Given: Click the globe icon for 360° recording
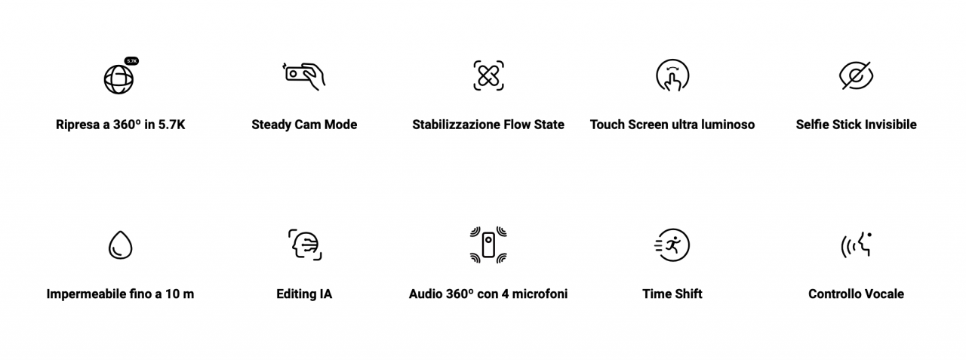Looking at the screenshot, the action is [x=118, y=79].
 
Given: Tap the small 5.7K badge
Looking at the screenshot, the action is [x=131, y=61].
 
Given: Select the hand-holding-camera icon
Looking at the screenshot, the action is [x=303, y=76].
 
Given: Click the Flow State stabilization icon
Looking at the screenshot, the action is [x=488, y=75].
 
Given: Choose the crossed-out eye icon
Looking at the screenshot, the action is [x=856, y=75].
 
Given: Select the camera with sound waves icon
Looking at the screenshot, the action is [x=488, y=245].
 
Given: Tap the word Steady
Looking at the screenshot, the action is [x=271, y=125].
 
